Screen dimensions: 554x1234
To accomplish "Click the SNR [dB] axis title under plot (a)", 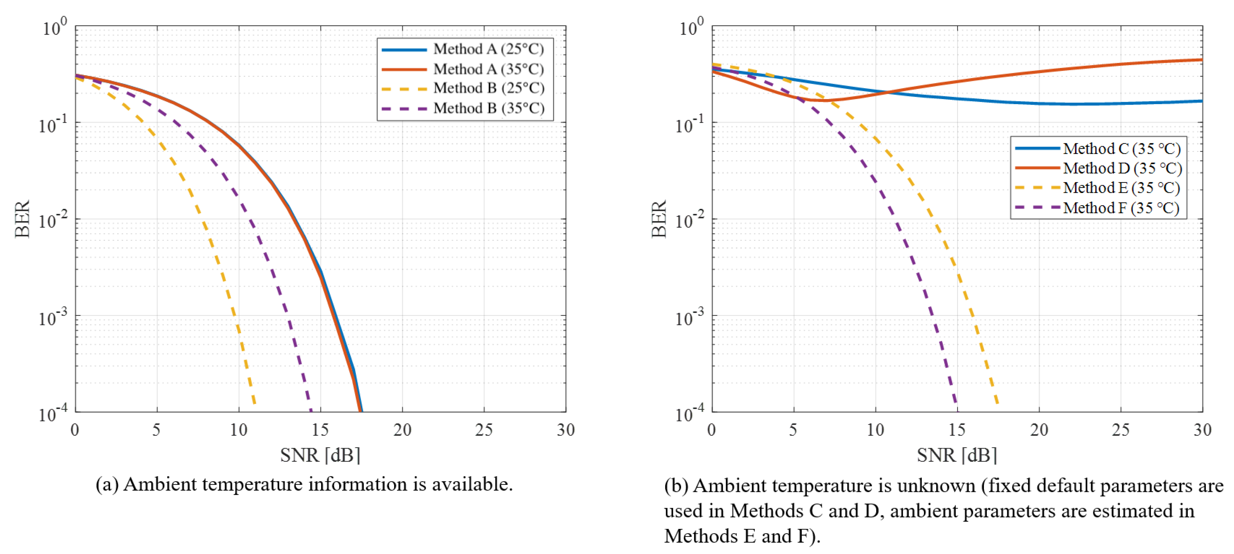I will point(320,455).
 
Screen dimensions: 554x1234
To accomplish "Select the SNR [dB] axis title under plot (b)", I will point(957,455).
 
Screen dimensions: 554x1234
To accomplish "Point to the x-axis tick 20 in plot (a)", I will point(402,430).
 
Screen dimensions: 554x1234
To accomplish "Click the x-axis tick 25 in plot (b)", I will point(1121,430).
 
